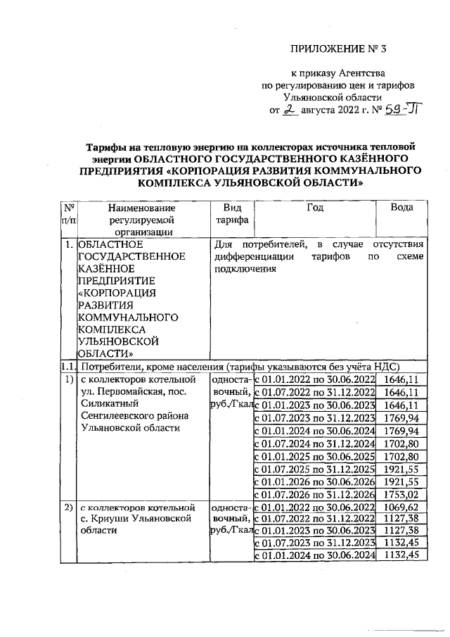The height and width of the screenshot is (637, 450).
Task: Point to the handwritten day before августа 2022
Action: [x=290, y=110]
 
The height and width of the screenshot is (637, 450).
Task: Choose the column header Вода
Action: [x=401, y=208]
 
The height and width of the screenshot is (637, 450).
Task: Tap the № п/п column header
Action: [x=69, y=214]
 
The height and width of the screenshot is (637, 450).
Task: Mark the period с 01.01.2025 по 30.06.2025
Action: [x=314, y=456]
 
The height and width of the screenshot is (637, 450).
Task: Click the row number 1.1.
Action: [x=68, y=367]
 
